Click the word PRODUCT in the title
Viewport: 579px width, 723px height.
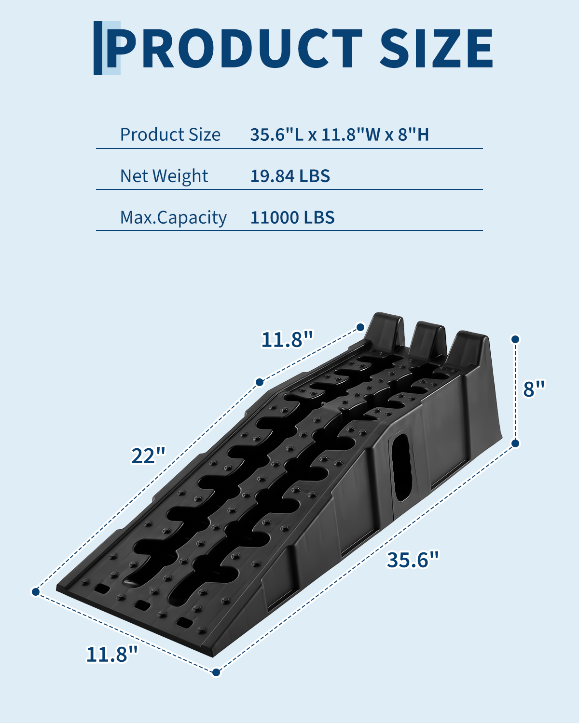235,48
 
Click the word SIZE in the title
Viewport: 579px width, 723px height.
437,48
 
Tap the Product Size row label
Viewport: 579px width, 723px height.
170,135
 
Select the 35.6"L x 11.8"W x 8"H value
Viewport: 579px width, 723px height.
340,134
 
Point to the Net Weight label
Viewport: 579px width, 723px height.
164,176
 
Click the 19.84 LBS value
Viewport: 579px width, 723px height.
290,176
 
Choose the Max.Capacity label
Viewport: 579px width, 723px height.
173,218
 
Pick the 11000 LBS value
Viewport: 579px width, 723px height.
292,217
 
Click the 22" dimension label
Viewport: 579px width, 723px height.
148,455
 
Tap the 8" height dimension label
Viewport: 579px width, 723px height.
534,388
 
